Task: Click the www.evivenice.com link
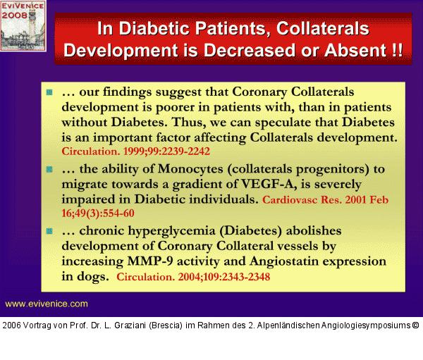click(47, 304)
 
